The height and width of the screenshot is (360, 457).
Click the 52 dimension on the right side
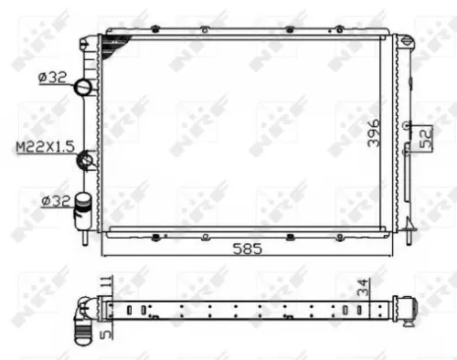point(424,138)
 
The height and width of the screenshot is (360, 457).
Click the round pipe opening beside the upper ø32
point(83,88)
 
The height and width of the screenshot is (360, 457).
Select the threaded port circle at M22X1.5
point(86,160)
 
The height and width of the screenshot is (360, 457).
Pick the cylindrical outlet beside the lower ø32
point(85,203)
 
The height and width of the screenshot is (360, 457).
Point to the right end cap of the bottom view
point(403,309)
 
